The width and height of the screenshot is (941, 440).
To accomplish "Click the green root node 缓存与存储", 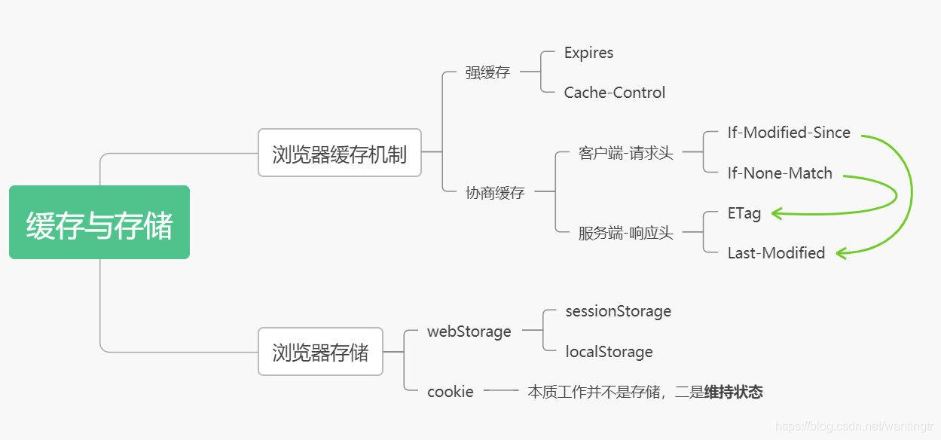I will click(99, 223).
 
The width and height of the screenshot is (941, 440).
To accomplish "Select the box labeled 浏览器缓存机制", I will click(339, 153).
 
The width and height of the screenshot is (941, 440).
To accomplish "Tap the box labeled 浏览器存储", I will click(320, 351).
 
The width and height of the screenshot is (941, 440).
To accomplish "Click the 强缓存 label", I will click(487, 72).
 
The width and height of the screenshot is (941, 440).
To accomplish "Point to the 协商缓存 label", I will click(495, 192).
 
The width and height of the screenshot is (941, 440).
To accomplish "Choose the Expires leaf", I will click(588, 53).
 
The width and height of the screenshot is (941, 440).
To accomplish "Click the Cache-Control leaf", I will click(614, 93).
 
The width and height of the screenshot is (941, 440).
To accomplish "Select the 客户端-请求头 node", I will click(625, 153).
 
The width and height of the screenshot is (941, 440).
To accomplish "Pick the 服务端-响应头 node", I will click(625, 233).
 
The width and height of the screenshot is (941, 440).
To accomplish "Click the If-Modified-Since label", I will click(789, 133).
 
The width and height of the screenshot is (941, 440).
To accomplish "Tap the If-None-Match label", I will click(780, 173).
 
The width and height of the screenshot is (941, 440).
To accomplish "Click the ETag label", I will click(744, 213).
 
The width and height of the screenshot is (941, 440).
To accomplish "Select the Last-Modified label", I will click(776, 253).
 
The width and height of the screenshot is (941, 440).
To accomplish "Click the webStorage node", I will click(469, 332).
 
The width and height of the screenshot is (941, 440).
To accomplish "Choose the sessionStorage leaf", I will click(618, 311).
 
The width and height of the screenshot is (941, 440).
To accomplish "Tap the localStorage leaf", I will click(609, 352).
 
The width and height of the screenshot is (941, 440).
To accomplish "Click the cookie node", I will click(450, 392).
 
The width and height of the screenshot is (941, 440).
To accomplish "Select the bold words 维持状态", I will click(733, 392).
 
